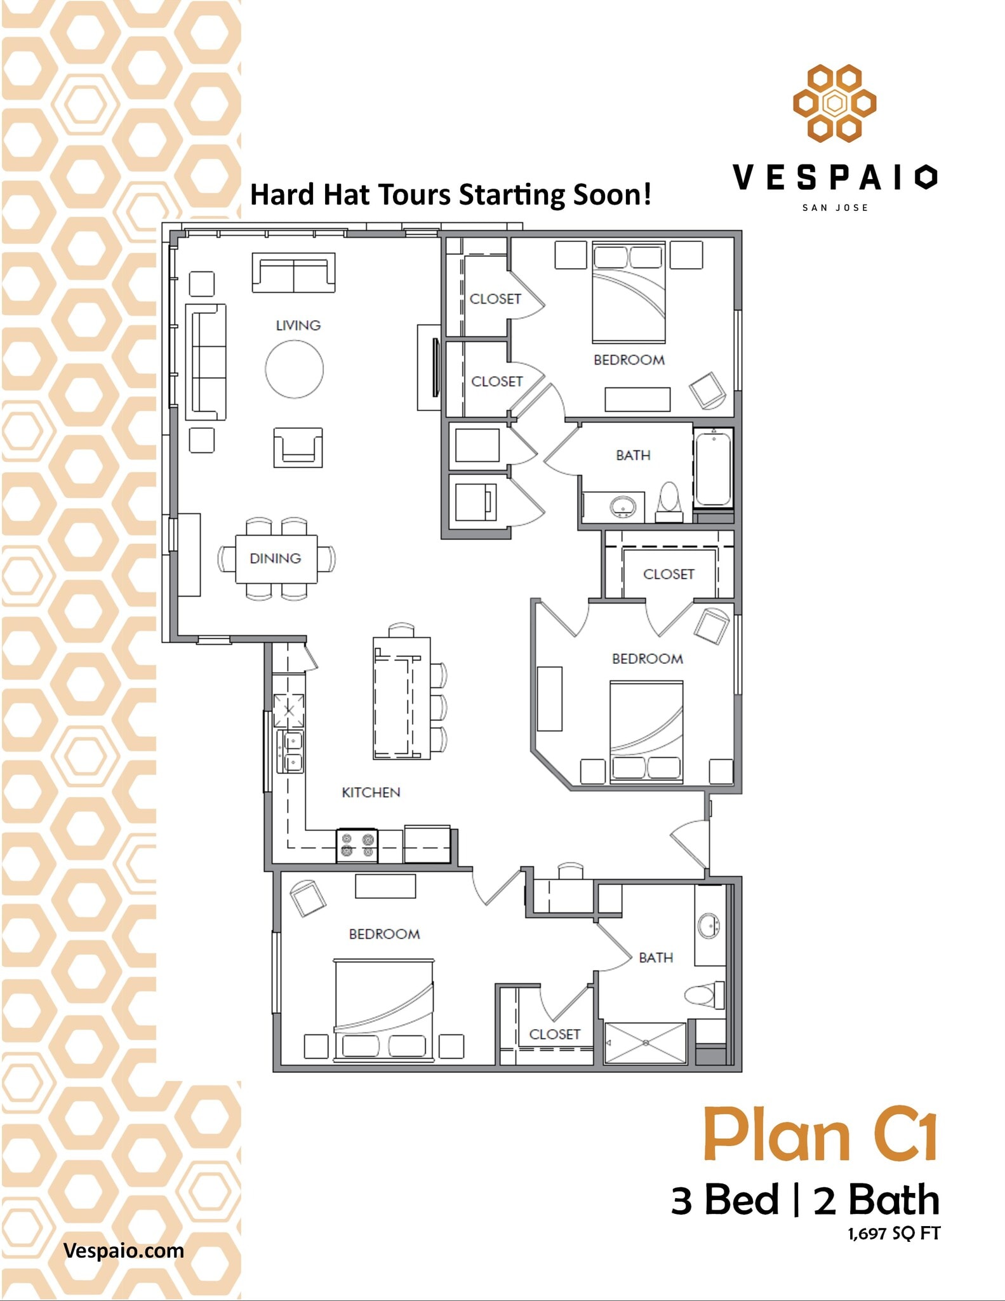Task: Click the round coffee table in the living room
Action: click(x=294, y=369)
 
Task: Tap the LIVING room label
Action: click(x=298, y=325)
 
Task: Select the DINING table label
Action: click(x=275, y=558)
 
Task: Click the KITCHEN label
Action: click(x=371, y=792)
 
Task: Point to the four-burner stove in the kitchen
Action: click(x=357, y=846)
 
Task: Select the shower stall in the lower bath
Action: click(x=645, y=1042)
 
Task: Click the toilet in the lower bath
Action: click(x=704, y=995)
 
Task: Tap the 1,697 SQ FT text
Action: click(x=893, y=1233)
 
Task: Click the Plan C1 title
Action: click(x=820, y=1135)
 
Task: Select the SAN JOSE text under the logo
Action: click(x=834, y=208)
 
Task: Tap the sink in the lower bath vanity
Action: click(x=709, y=926)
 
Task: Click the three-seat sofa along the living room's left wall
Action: click(x=206, y=362)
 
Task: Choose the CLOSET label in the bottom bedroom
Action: click(x=554, y=1034)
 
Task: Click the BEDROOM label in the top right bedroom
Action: click(x=629, y=360)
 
